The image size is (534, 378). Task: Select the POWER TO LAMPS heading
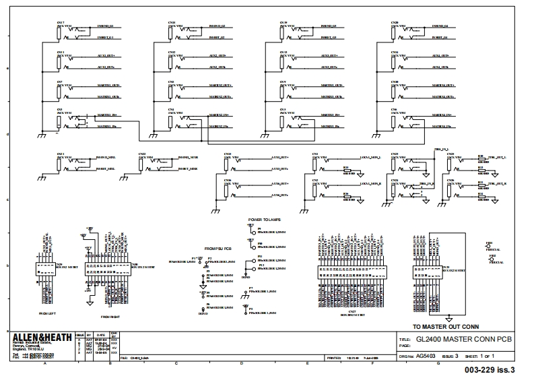264,220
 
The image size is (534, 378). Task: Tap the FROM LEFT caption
47,313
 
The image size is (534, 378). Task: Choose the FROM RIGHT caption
110,316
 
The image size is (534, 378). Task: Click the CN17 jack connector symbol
60,30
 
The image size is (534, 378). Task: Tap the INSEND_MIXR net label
188,157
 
